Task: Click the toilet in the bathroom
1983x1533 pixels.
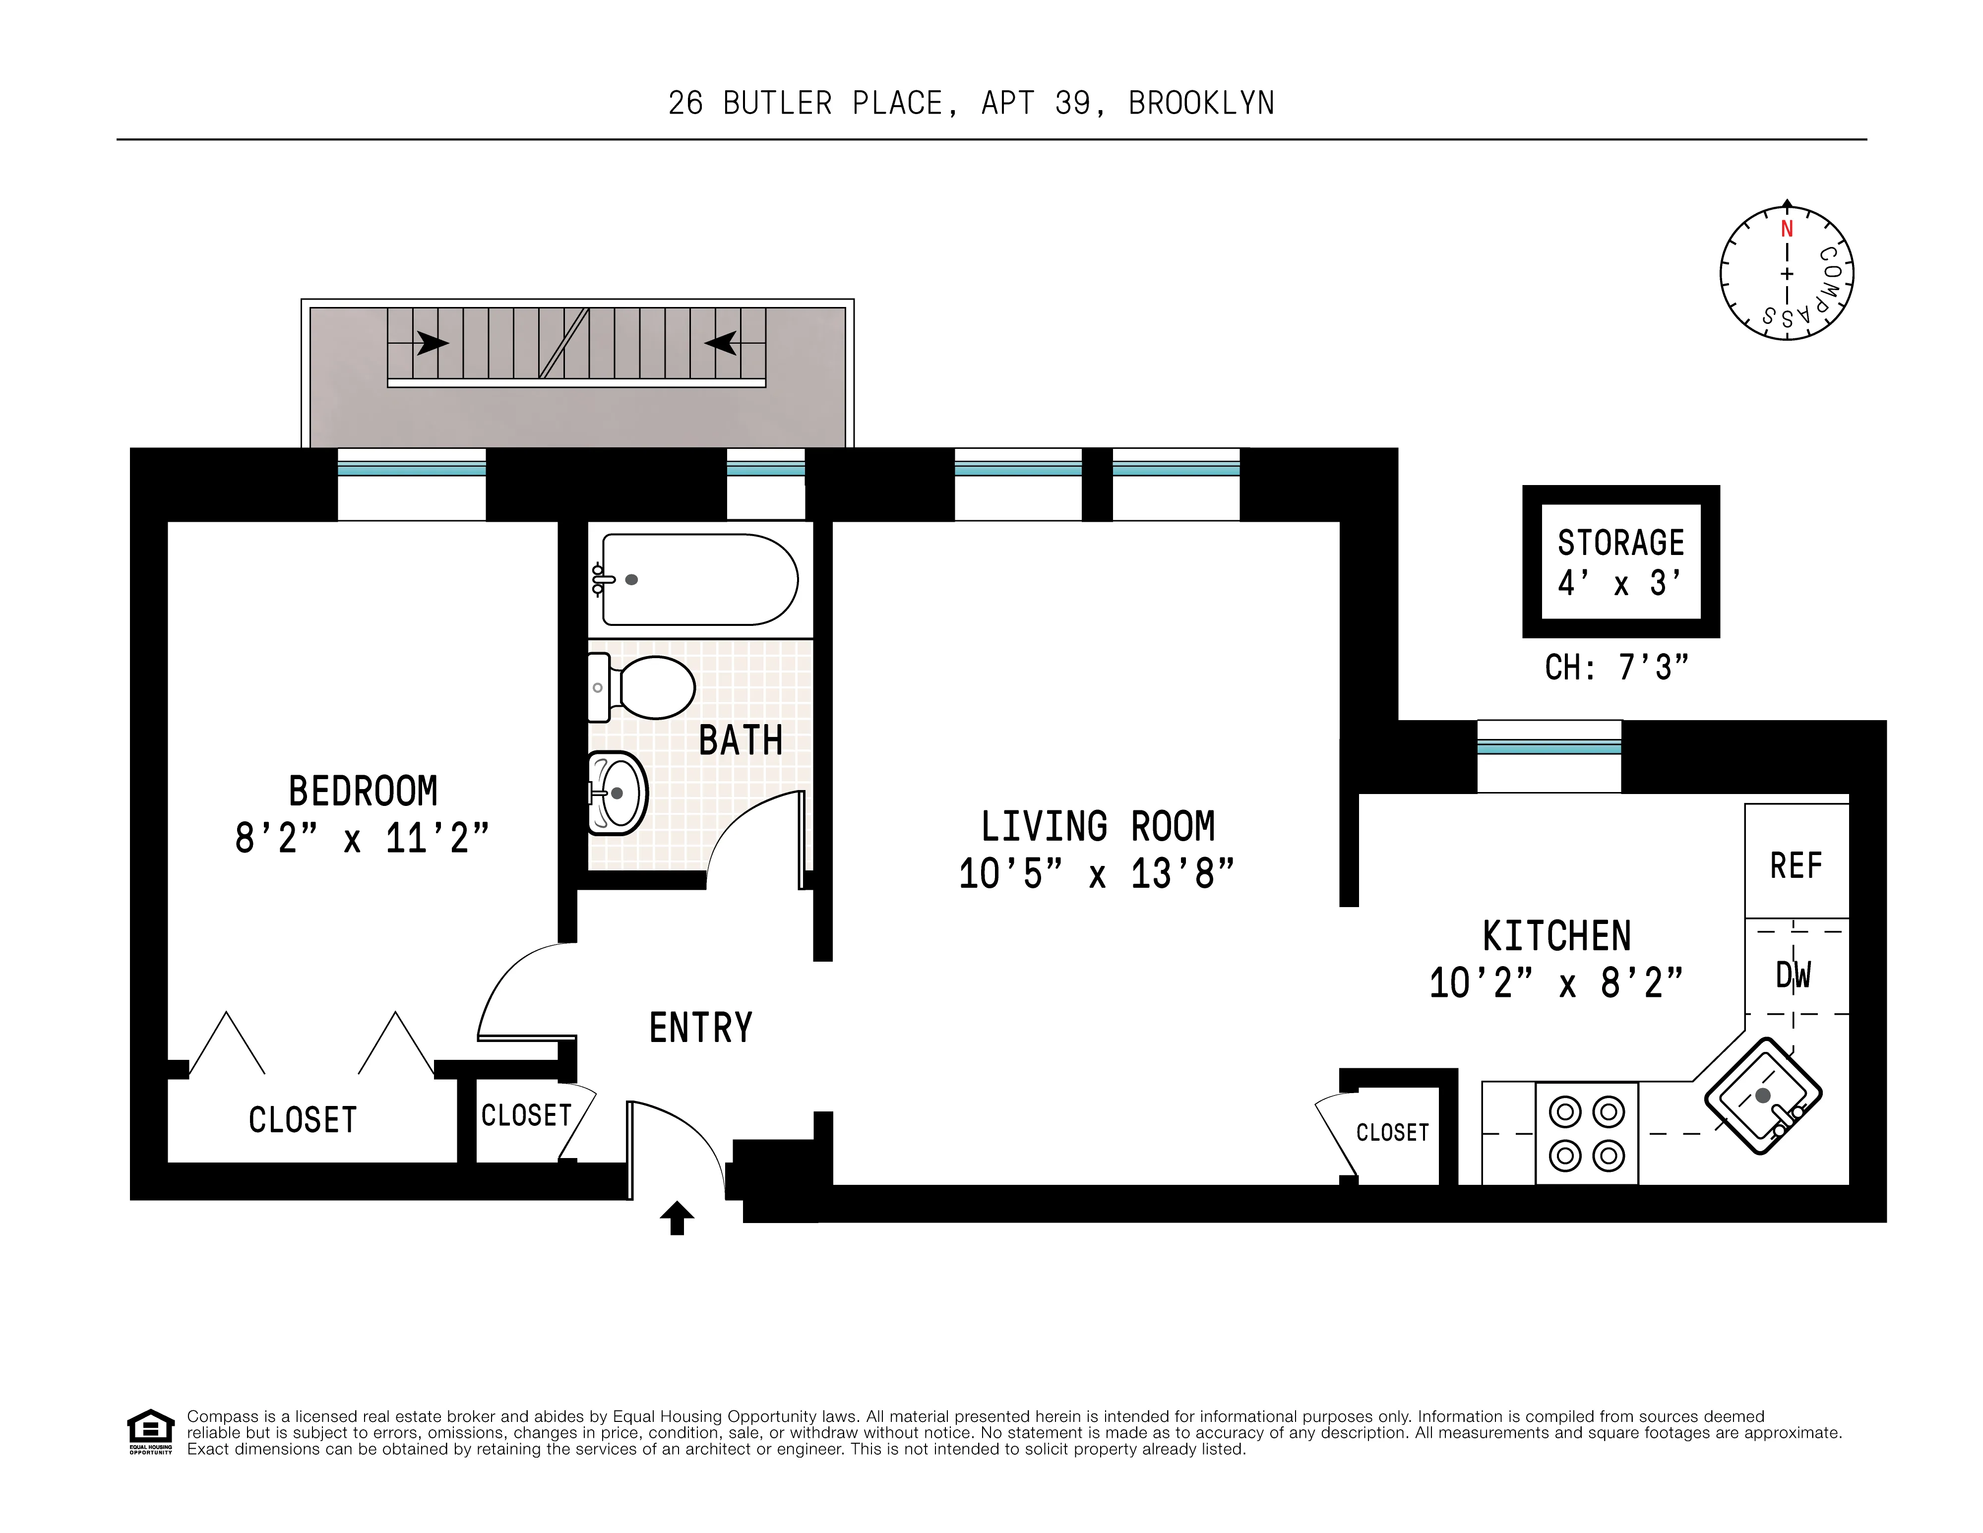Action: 649,687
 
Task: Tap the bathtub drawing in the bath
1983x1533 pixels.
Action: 699,579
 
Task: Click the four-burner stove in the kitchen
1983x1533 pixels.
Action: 1586,1133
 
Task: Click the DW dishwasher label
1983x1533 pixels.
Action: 1793,975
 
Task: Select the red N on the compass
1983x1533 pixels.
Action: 1786,229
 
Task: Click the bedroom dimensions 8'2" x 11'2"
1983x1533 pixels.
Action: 362,838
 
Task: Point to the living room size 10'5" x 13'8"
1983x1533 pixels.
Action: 1096,873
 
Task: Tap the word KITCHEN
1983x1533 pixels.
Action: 1556,936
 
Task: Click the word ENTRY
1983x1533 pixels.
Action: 700,1028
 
